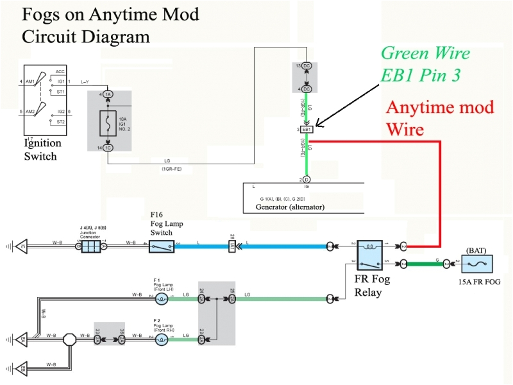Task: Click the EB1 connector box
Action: coord(307,130)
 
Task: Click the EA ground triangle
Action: coord(22,336)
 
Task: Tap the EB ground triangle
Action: coord(22,370)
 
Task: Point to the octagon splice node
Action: coord(69,336)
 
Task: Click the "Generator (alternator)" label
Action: coord(290,208)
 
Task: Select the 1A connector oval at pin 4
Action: coord(108,95)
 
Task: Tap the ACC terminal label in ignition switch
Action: coord(60,71)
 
